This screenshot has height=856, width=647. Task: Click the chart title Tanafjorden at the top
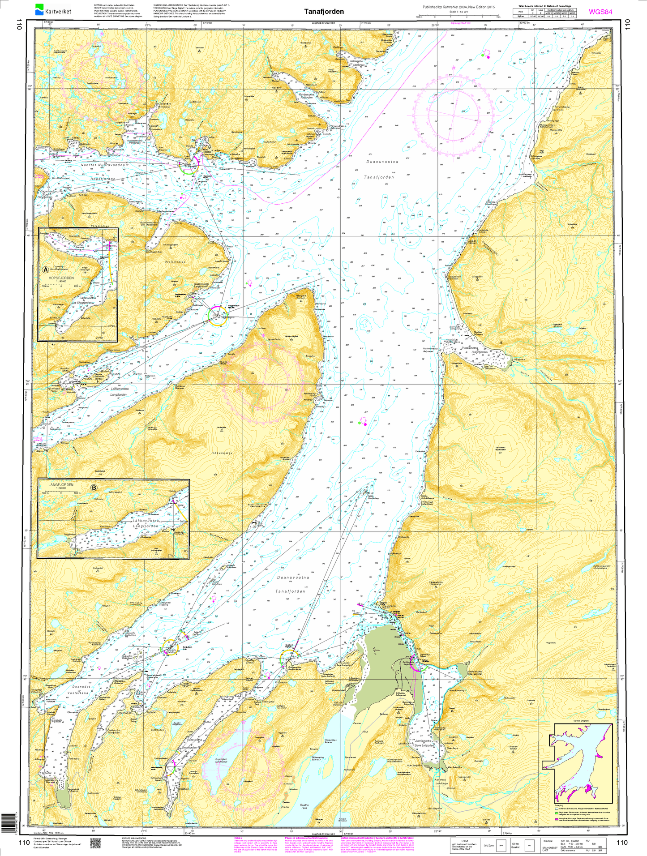(x=324, y=12)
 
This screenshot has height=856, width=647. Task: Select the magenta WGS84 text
(x=600, y=12)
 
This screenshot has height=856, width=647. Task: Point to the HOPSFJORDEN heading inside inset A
(x=61, y=278)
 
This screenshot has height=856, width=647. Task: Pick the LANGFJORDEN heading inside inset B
(x=60, y=484)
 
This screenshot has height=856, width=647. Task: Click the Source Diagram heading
(x=581, y=721)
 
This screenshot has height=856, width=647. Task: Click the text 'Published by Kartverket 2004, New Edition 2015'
(x=458, y=7)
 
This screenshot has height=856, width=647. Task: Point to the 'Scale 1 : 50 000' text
(x=459, y=12)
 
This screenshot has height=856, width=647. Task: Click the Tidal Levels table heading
(x=544, y=6)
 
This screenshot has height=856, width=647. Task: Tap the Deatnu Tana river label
(x=304, y=806)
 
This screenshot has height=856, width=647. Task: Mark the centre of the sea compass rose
(x=453, y=116)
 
